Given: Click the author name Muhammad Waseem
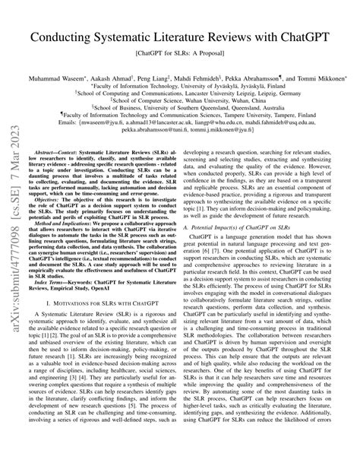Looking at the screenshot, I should coord(54,77).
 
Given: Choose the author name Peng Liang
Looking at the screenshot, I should coord(159,77).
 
